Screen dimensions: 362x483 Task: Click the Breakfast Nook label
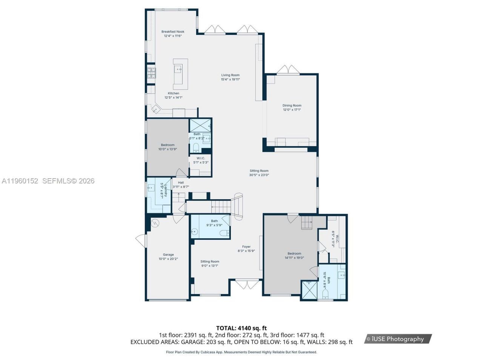173,32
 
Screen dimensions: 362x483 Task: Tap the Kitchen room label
174,93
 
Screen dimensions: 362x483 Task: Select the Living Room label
230,75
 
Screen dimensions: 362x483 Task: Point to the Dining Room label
292,106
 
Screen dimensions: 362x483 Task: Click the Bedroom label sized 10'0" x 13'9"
168,145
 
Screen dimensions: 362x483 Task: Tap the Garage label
168,255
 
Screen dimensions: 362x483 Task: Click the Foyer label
246,247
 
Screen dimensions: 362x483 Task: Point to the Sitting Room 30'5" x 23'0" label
259,171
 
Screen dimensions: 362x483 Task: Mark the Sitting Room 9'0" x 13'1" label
210,261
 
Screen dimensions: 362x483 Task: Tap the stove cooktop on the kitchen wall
151,72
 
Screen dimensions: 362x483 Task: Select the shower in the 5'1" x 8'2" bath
200,125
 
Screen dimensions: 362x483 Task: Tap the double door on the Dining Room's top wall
288,70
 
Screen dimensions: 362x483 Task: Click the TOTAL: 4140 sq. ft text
241,328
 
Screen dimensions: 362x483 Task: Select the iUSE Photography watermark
398,339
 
